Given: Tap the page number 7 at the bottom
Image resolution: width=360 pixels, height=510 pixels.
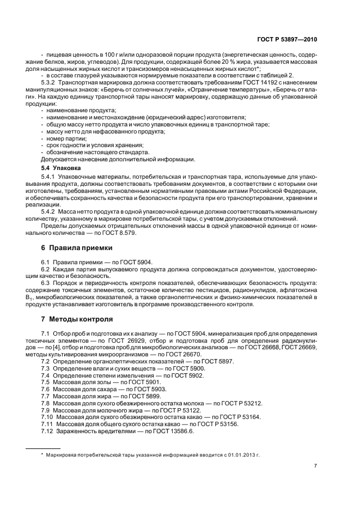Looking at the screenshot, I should tap(315, 466).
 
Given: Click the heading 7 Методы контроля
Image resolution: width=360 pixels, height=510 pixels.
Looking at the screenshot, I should tap(77, 318).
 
